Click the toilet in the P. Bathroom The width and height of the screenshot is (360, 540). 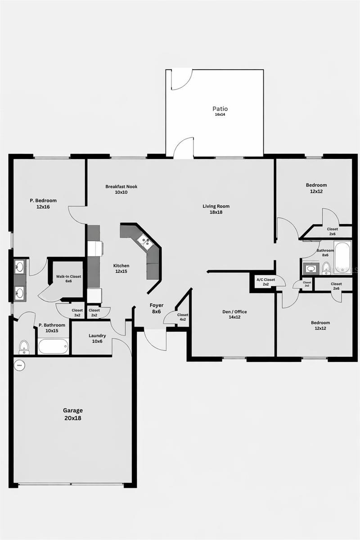click(24, 347)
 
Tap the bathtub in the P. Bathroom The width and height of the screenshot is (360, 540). click(53, 346)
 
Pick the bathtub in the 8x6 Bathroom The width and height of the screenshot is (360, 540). click(342, 257)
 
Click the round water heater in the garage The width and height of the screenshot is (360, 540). click(19, 366)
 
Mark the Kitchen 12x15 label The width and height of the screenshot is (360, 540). click(121, 268)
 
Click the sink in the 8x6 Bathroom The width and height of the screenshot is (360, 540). click(311, 269)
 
